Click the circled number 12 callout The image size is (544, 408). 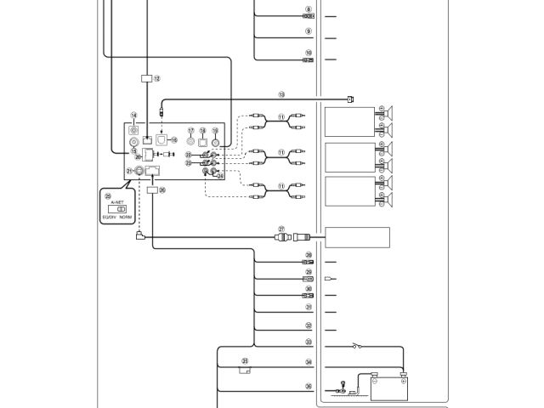tap(156, 77)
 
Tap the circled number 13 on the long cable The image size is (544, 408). tap(281, 94)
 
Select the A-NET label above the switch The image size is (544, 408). tap(116, 201)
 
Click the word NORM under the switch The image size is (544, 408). tap(126, 217)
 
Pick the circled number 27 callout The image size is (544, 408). tap(282, 229)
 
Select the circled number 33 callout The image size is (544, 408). tap(309, 342)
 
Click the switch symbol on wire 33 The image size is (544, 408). tap(356, 345)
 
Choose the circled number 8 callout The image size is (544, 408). tap(309, 9)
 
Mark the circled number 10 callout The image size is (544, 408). tap(309, 53)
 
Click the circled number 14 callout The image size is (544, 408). tap(133, 115)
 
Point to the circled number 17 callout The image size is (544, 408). tap(190, 131)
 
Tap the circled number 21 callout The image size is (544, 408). tap(129, 171)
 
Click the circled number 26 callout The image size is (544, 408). tap(162, 190)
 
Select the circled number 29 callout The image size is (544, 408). tap(309, 272)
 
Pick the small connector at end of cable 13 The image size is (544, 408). tap(350, 99)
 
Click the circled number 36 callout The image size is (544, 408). tap(309, 386)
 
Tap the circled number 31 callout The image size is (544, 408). tap(309, 307)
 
